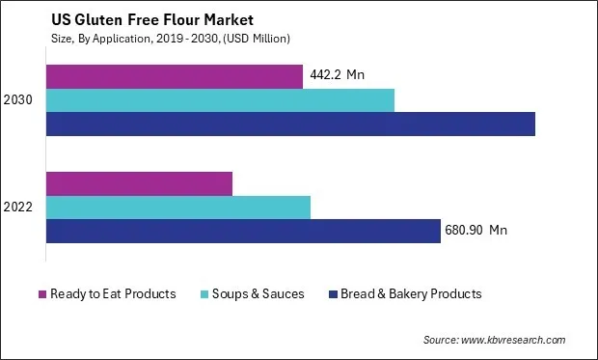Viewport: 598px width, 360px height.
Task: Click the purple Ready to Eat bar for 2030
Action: point(175,75)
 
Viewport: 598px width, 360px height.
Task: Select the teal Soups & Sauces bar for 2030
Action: point(220,99)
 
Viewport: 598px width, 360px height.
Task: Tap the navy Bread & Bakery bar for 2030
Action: point(290,124)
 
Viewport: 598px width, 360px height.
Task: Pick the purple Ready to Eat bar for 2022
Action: point(140,183)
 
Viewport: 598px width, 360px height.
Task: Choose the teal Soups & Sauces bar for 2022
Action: point(178,208)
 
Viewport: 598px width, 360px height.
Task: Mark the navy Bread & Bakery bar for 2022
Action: point(243,232)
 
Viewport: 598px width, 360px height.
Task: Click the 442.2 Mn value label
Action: point(338,75)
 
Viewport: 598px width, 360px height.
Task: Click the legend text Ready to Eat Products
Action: point(114,293)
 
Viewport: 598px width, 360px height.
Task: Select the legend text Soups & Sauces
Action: point(257,293)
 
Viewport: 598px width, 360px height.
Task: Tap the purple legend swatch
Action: point(42,293)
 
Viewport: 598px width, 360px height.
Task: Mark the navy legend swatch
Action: point(333,293)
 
